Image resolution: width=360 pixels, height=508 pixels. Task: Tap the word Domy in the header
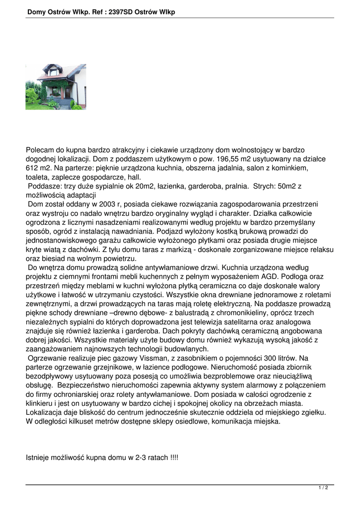pos(37,12)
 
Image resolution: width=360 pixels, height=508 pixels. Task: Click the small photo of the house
pos(56,87)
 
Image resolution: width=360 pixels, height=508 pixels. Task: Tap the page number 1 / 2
pos(323,488)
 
